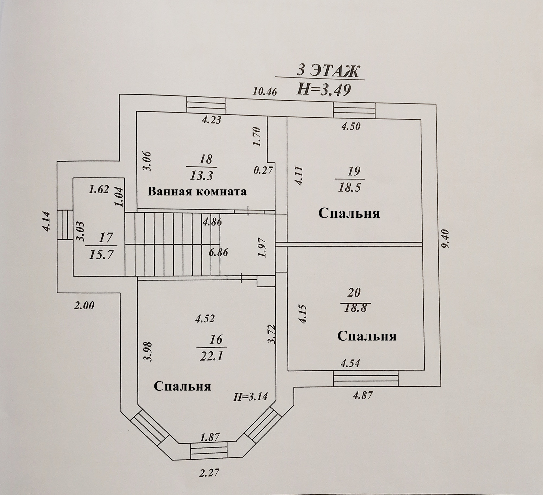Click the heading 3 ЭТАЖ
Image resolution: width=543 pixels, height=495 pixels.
click(x=327, y=72)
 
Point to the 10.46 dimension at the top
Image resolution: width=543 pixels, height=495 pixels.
click(x=264, y=92)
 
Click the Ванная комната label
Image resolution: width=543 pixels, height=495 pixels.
click(x=197, y=192)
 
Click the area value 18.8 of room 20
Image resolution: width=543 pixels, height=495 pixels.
click(x=355, y=307)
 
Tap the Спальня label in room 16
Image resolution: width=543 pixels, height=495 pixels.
click(x=182, y=386)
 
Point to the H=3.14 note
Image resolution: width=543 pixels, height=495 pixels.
click(x=250, y=397)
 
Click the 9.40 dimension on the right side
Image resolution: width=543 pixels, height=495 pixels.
click(x=445, y=243)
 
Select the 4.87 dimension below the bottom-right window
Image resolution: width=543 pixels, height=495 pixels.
click(x=363, y=395)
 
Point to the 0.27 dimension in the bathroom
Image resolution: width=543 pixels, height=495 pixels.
click(x=263, y=171)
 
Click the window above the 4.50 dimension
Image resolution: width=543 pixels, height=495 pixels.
click(x=354, y=111)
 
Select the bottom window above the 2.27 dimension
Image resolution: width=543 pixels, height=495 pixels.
click(x=209, y=458)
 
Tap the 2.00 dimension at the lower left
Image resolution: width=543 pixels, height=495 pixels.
click(x=84, y=306)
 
